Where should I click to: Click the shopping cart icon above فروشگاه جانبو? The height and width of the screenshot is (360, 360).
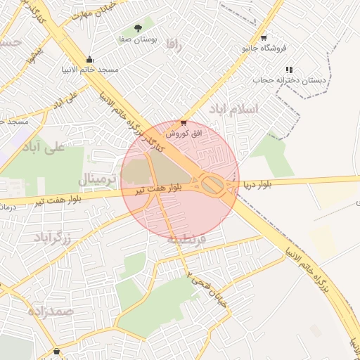pyautogui.click(x=264, y=37)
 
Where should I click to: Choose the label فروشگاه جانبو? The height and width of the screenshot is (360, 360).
pyautogui.click(x=264, y=49)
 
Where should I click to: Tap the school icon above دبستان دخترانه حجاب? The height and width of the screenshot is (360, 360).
pyautogui.click(x=288, y=70)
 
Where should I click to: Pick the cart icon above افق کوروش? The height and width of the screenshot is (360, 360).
pyautogui.click(x=184, y=122)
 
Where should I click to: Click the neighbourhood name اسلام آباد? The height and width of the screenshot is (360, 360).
pyautogui.click(x=234, y=109)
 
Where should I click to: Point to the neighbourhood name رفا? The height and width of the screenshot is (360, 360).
pyautogui.click(x=174, y=44)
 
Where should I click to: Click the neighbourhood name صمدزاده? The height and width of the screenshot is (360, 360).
pyautogui.click(x=51, y=310)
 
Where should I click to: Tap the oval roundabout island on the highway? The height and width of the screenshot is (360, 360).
pyautogui.click(x=213, y=186)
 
